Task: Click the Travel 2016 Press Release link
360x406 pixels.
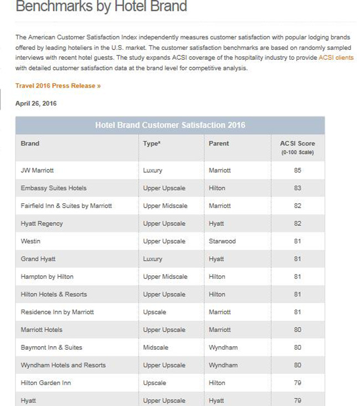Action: pos(58,86)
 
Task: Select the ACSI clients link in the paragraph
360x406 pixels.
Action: pos(336,58)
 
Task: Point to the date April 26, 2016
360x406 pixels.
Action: pos(36,104)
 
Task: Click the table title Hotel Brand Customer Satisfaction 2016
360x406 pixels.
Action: pos(170,125)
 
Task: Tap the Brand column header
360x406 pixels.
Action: pos(30,143)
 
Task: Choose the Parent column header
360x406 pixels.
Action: pos(219,143)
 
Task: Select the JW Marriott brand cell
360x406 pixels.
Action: pos(37,171)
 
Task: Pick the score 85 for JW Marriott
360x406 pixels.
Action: pos(297,171)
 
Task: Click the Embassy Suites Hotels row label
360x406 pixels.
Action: pos(54,188)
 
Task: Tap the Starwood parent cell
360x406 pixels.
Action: pos(222,241)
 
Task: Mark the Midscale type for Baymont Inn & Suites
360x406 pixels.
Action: pos(156,348)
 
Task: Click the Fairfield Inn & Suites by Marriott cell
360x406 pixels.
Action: pos(66,206)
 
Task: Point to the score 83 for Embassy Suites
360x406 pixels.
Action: pos(297,188)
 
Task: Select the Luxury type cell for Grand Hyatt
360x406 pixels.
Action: pos(153,259)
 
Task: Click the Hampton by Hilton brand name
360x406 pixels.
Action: pos(47,277)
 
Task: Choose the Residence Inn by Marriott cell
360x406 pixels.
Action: pos(57,312)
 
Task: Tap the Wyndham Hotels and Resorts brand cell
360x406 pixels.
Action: pos(63,366)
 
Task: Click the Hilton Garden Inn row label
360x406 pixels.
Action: pos(46,383)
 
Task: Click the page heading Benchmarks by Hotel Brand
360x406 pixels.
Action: pos(101,7)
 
